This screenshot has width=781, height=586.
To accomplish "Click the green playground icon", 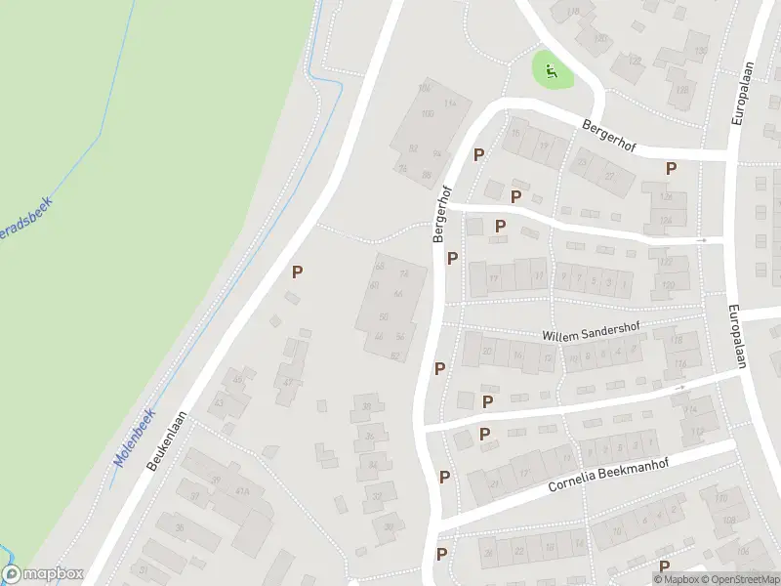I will [x=552, y=69].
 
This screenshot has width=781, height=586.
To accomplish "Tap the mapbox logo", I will [x=42, y=574].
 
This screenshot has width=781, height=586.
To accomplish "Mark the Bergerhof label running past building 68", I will [x=439, y=214].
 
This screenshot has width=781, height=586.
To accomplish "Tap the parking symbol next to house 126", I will [x=671, y=168].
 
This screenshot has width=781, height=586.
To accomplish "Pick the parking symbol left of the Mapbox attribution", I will [x=664, y=566].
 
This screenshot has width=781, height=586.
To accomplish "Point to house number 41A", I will [x=242, y=491].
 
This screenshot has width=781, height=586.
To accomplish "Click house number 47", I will [x=289, y=382].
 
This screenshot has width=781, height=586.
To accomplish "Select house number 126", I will [x=667, y=196].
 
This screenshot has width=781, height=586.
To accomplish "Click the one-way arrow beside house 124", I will [x=702, y=239].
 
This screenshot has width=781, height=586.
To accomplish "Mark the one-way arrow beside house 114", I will [x=680, y=388].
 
